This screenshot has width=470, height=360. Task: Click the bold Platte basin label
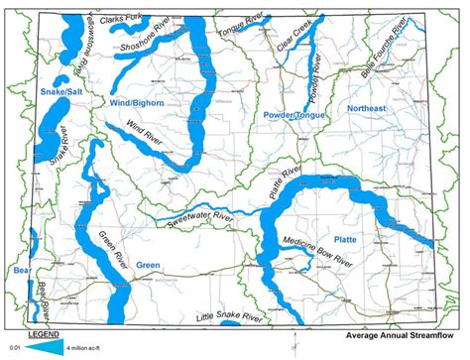[x=346, y=239]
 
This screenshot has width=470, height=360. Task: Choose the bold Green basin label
[x=148, y=265]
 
